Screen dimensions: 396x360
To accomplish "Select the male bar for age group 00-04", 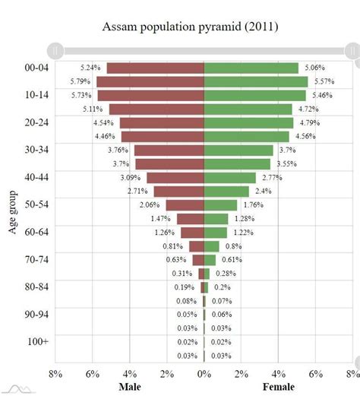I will (156, 68).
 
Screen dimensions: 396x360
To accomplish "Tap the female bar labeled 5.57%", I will (256, 82).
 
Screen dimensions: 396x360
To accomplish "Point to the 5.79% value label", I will (81, 82).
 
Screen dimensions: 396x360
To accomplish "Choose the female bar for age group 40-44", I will (230, 178).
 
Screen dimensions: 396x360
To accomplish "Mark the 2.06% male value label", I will (150, 205).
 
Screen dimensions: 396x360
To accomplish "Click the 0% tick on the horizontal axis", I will (204, 373).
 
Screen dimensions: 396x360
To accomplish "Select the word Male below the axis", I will (129, 387).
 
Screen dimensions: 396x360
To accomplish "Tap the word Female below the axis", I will (279, 387).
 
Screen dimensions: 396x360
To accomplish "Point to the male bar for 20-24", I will (162, 123).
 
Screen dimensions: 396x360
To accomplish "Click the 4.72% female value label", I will (308, 109).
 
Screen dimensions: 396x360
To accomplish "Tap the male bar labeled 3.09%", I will (175, 178).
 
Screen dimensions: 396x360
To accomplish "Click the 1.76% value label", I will (253, 205).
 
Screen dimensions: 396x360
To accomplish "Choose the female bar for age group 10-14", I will (255, 96).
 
